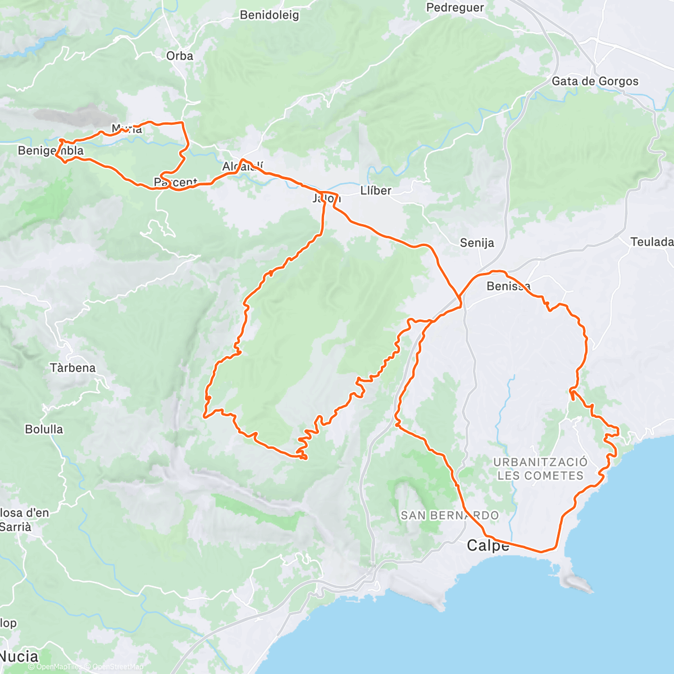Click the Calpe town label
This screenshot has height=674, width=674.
[488, 545]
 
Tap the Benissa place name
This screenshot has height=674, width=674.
[508, 286]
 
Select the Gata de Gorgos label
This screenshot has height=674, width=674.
[595, 81]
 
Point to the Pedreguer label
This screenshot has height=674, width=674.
[455, 7]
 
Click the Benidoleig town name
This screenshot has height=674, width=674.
[269, 15]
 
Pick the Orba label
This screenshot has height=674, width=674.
[180, 56]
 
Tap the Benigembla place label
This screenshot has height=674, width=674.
[51, 151]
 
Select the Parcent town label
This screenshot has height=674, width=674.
[175, 183]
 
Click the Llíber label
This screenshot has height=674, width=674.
[376, 191]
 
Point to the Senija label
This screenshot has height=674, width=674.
[477, 243]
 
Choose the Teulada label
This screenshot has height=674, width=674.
[652, 242]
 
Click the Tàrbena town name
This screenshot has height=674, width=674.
[72, 368]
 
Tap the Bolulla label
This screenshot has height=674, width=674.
[44, 429]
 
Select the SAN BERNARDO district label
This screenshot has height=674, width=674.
[449, 515]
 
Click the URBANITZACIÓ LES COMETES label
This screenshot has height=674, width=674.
[540, 469]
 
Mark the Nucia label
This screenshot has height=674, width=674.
[19, 656]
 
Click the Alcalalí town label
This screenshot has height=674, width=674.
[243, 167]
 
